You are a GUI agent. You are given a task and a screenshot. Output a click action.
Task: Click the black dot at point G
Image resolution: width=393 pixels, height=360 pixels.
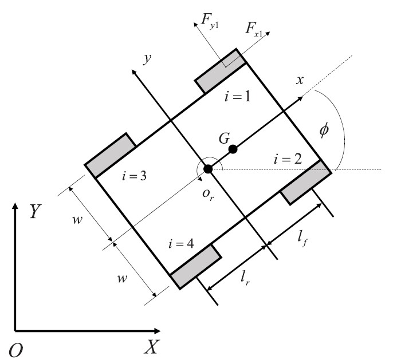point(233,149)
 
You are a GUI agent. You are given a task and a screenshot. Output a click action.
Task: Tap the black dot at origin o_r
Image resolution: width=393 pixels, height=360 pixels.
point(208,169)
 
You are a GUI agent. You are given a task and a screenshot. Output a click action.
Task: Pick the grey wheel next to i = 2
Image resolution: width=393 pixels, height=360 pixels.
point(306,183)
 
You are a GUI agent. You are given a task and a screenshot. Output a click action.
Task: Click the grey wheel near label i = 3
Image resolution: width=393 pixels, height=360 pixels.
point(110,156)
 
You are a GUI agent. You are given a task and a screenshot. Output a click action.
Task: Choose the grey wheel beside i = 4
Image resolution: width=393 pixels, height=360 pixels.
point(195,267)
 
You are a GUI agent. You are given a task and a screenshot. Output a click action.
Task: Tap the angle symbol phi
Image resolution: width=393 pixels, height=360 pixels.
point(324,130)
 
